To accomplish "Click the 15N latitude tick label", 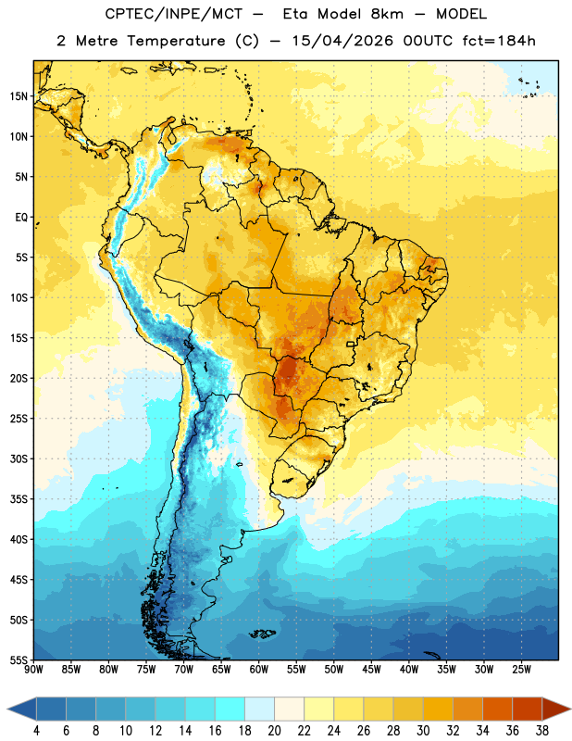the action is pos(19,96).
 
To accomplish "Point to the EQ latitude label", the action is pos(21,218).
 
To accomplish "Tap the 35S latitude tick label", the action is pos(19,499).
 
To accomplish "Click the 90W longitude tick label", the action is pos(33,670).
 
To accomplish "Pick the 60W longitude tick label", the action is pos(259,670).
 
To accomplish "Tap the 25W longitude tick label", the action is pos(521,670).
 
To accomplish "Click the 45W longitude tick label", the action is pos(371,670).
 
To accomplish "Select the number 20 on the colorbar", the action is pos(274,731).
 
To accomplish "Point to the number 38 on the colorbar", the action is pos(542,731).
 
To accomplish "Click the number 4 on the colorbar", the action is pos(36,731).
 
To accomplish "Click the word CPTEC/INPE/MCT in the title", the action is pos(174,14).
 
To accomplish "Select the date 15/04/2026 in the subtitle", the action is pos(342,41).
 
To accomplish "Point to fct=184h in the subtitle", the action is pos(499,41).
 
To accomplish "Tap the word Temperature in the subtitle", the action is pos(176,42).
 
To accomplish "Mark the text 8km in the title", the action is pos(387,14).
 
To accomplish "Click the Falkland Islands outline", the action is pos(263,634).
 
